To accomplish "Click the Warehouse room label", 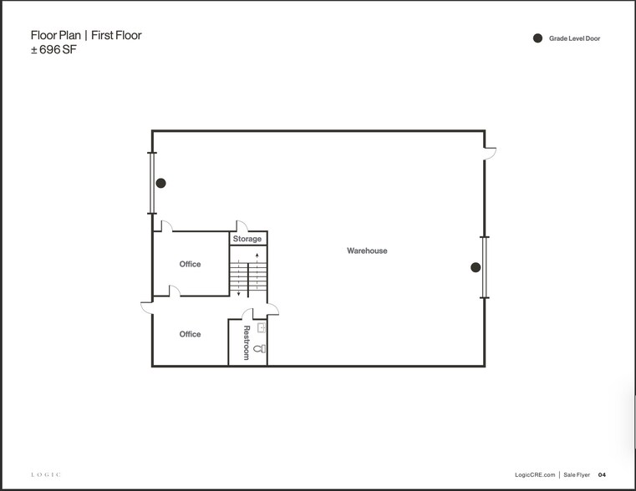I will pos(367,251).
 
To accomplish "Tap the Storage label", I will pos(247,239).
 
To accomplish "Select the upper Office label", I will pos(190,264).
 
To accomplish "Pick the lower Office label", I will pos(190,334).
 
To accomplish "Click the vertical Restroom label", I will pos(247,342).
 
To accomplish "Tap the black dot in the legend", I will pos(538,38).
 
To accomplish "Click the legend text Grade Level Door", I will pos(575,38).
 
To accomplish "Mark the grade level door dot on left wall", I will pos(161,183).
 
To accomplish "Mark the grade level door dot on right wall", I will pos(475,267).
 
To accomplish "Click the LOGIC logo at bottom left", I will pos(45,474).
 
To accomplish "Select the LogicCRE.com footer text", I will pos(535,474).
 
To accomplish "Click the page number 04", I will pos(602,474).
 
